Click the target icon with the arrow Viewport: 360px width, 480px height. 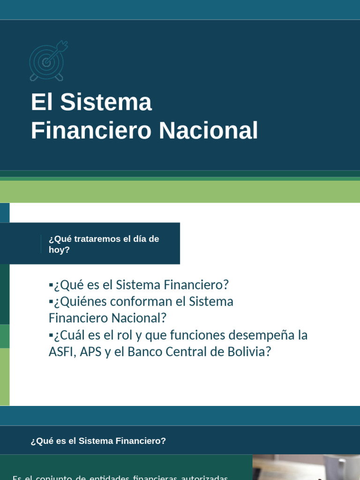48,61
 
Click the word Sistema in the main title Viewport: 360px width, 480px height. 106,102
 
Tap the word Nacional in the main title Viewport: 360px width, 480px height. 208,130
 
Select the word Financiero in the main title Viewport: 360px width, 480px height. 91,130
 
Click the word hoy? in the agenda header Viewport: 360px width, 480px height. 59,250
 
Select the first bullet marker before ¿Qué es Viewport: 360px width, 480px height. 51,285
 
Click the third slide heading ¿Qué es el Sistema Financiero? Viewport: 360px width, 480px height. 98,441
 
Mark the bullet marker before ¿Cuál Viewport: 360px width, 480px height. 51,335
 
